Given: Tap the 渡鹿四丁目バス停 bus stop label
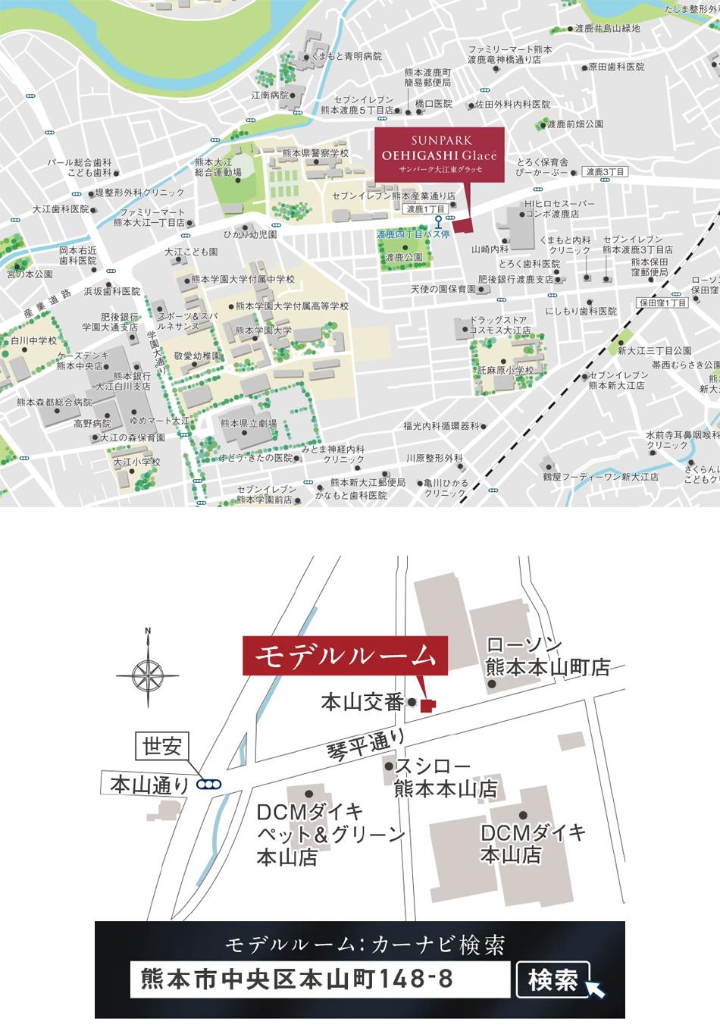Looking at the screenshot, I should point(413,235).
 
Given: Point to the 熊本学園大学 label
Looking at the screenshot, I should point(263,331).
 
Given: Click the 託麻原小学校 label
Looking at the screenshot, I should point(506,371).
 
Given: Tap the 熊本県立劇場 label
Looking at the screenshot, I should point(248,424).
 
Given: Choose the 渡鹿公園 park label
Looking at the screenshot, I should point(403,258).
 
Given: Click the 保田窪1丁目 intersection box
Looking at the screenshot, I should point(662,302).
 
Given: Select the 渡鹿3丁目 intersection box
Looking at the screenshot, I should point(607,172).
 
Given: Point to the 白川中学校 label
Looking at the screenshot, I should point(33,341).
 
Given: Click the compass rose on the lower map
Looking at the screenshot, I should point(148,674).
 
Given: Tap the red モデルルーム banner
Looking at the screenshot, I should point(345,656).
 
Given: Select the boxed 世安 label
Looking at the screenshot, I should point(161,746).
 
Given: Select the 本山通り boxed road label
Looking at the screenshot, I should point(149,784).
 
